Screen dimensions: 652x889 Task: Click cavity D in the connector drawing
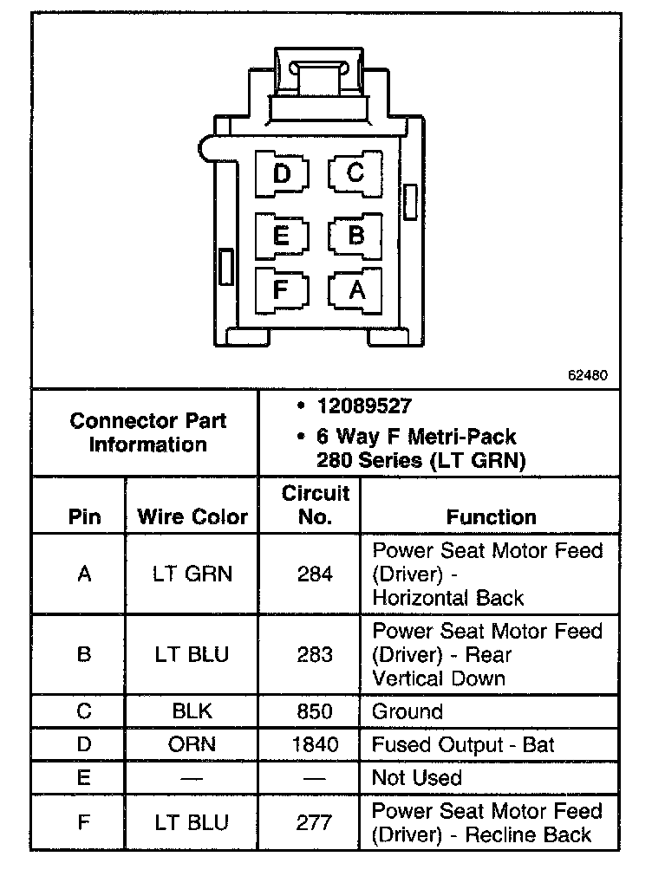click(282, 174)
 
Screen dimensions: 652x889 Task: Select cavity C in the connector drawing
click(355, 173)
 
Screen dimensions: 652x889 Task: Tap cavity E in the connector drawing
click(281, 235)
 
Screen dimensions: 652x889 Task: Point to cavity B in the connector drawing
click(355, 235)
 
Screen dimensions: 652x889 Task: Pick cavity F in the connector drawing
click(280, 288)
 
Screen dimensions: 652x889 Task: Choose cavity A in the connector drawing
click(355, 289)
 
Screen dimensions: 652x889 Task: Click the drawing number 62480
click(587, 376)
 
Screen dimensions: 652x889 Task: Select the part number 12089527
click(365, 406)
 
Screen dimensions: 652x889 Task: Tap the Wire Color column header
click(192, 517)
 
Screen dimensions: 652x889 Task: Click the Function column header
click(491, 517)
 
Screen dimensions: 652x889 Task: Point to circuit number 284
click(314, 574)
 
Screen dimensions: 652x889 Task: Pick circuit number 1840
click(314, 744)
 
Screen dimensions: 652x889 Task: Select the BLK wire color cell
click(192, 711)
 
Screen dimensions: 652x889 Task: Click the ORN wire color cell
click(192, 744)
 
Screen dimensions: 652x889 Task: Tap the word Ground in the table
click(407, 711)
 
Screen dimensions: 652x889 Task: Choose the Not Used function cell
click(416, 777)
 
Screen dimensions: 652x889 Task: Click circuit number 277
click(314, 822)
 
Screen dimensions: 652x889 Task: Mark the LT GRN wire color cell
click(192, 574)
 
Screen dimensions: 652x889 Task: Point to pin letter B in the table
click(84, 654)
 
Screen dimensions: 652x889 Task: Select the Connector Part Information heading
click(148, 432)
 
